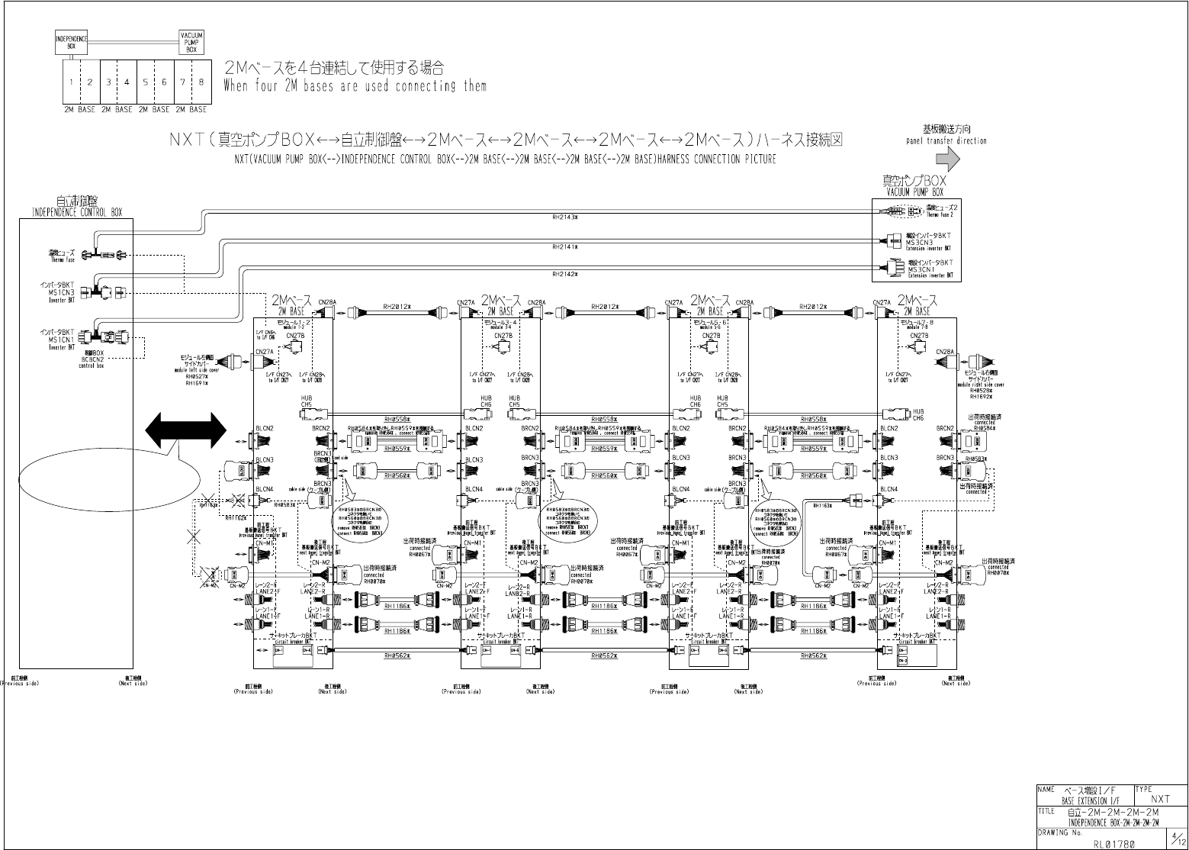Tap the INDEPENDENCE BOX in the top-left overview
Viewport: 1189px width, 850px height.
point(71,42)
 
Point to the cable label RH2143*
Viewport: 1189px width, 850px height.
point(564,217)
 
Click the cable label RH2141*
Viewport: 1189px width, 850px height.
point(564,247)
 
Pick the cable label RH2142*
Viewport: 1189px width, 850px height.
point(564,274)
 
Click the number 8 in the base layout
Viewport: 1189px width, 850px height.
point(201,82)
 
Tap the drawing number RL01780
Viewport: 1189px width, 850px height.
point(1114,844)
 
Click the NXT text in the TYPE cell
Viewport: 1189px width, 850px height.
point(1160,799)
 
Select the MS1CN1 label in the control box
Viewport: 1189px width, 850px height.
point(62,340)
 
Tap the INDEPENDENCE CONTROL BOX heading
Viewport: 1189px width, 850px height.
point(76,212)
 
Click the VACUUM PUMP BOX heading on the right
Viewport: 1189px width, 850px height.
point(915,192)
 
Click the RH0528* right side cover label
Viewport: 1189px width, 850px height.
point(980,390)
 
